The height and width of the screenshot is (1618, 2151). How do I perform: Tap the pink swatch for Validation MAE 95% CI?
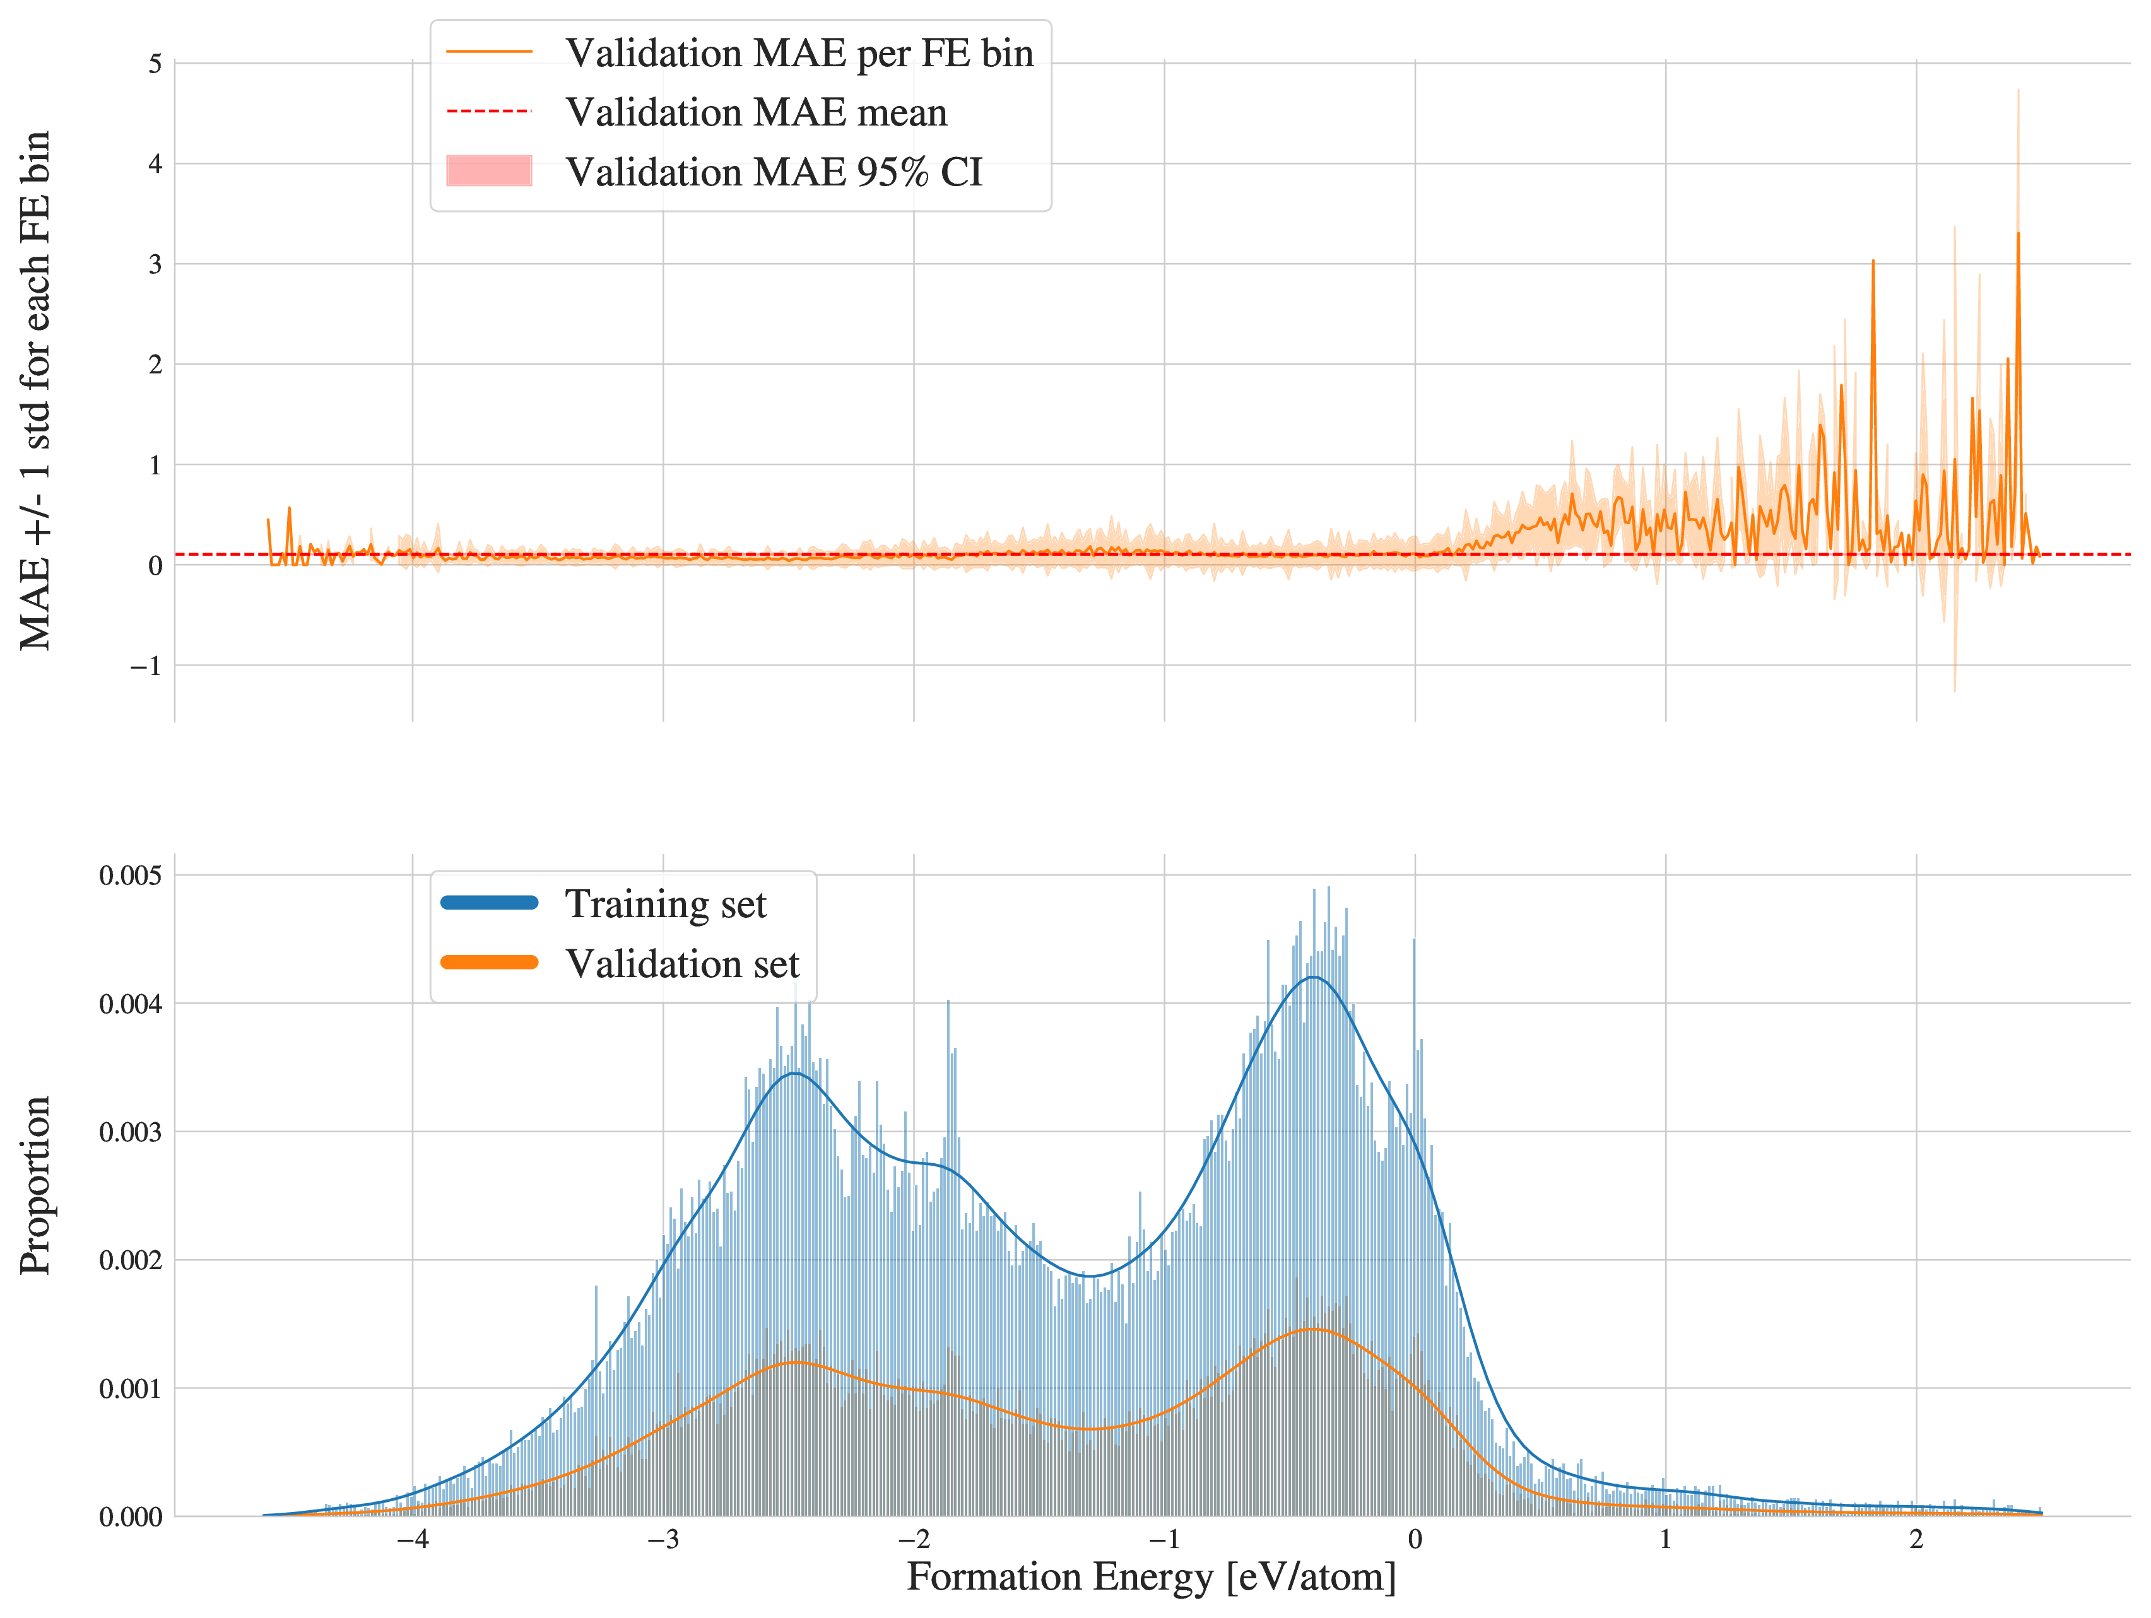click(x=489, y=171)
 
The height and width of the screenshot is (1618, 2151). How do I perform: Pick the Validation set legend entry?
click(x=681, y=964)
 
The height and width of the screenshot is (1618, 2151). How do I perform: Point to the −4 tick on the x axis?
click(x=412, y=1539)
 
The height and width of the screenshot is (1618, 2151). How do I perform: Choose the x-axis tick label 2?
click(x=1916, y=1539)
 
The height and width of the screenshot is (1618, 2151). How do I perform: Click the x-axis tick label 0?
click(x=1415, y=1539)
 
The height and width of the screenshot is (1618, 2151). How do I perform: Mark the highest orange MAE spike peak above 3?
click(x=2018, y=233)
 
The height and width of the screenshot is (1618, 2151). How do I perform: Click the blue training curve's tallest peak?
click(x=1314, y=977)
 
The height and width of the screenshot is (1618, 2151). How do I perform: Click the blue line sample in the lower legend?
click(x=489, y=902)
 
